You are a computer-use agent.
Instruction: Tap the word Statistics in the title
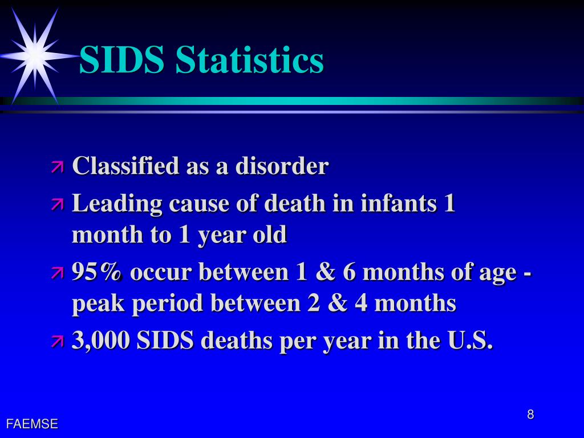[x=249, y=60]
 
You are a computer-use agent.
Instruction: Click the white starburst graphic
[x=35, y=55]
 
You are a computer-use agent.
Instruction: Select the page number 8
[x=530, y=415]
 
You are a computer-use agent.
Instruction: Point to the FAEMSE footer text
[x=32, y=424]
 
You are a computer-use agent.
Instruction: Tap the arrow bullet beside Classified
[x=58, y=167]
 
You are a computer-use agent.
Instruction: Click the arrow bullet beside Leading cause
[x=58, y=205]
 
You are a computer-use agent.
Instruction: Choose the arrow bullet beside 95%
[x=58, y=273]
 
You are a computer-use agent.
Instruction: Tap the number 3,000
[x=101, y=340]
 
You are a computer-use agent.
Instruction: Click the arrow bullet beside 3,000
[x=58, y=342]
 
